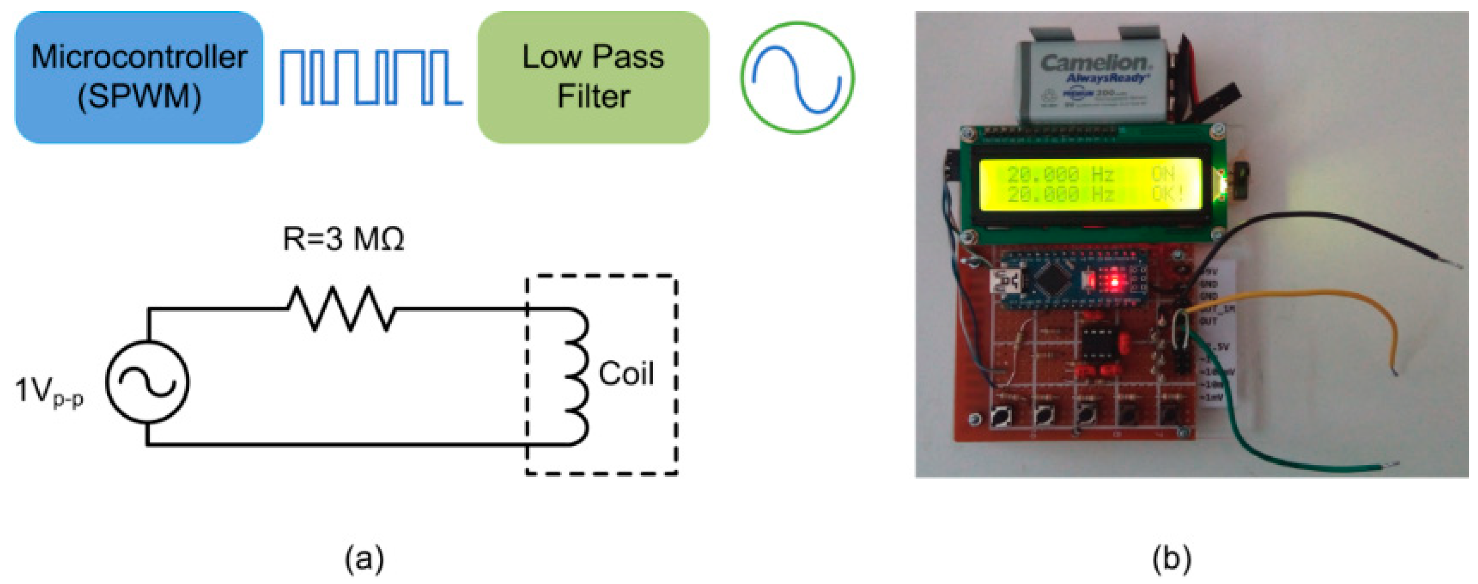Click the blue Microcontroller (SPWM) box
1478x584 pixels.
point(139,78)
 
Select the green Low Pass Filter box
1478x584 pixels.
point(593,78)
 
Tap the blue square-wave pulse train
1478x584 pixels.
point(370,78)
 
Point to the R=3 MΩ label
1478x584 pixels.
point(343,239)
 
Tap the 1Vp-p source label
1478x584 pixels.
point(49,391)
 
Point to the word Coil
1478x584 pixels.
point(625,374)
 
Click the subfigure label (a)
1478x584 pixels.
point(364,557)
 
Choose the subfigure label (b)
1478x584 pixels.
point(1172,557)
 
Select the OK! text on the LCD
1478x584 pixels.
point(1168,194)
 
